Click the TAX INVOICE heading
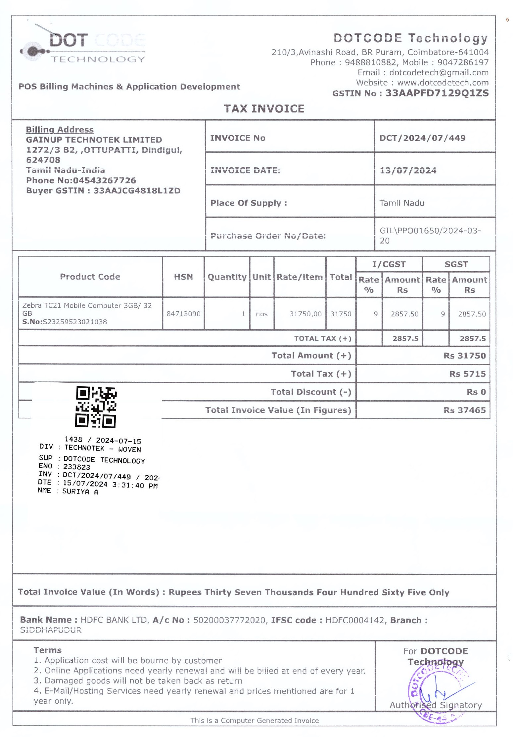point(264,109)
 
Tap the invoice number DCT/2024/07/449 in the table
point(422,138)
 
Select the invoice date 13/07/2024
point(407,170)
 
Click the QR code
point(96,407)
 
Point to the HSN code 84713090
point(183,314)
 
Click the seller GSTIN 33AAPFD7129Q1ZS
point(437,93)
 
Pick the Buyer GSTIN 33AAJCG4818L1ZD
point(137,191)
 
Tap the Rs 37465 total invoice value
point(464,410)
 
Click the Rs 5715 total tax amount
point(467,374)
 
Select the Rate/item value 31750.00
point(305,314)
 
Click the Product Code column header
point(90,277)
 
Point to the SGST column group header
point(456,264)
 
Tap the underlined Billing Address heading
point(60,130)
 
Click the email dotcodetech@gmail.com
point(439,72)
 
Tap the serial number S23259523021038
point(74,322)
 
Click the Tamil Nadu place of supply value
point(401,203)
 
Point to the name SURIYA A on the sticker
point(80,492)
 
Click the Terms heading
point(47,650)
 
